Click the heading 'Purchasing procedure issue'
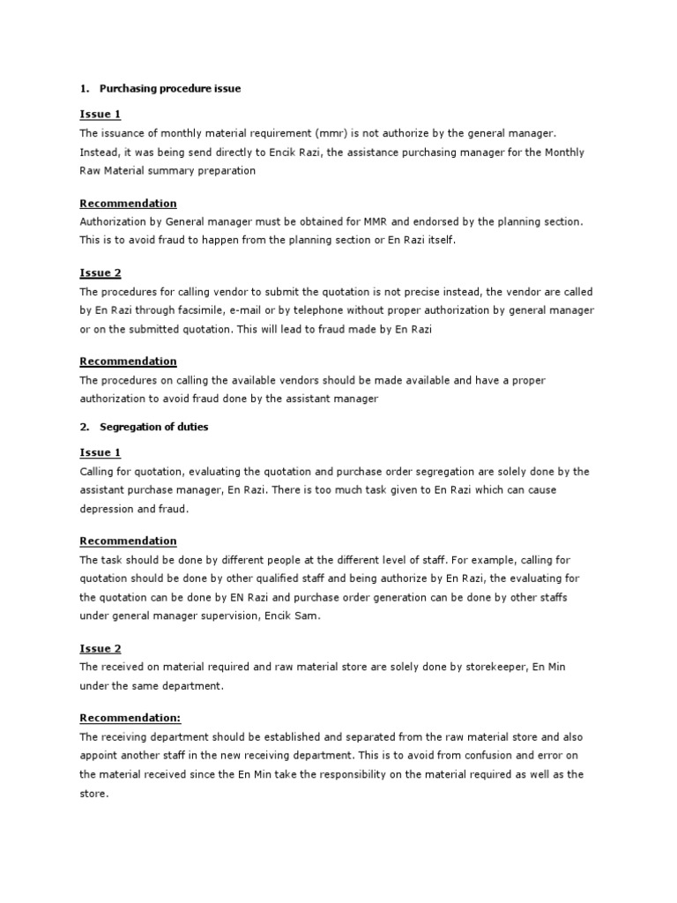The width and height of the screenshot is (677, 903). click(x=170, y=89)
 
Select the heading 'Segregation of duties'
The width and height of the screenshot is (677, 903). click(x=154, y=427)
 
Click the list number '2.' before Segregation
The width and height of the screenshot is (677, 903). click(x=85, y=427)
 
